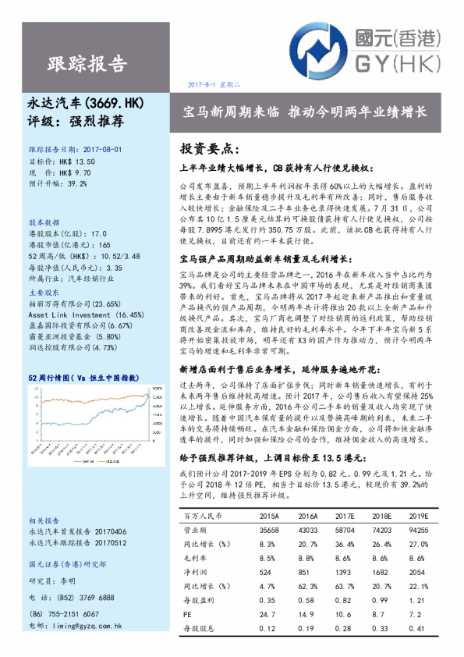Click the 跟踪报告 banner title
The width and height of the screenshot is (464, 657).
pos(85,64)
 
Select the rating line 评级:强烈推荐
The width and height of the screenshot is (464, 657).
pos(70,121)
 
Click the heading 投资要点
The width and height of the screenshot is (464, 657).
pos(210,148)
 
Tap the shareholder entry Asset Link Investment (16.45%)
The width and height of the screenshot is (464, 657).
pos(86,314)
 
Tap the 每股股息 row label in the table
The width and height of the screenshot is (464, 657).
pos(198,628)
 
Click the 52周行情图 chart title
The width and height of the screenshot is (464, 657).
pos(83,378)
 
